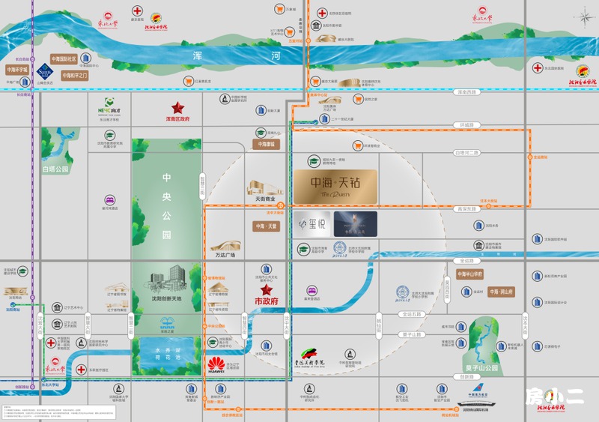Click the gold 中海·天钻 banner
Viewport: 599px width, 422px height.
pyautogui.click(x=334, y=186)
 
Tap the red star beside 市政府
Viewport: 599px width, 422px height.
pyautogui.click(x=265, y=290)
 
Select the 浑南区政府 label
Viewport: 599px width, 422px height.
pyautogui.click(x=177, y=118)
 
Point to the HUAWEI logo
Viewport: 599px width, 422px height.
pyautogui.click(x=217, y=365)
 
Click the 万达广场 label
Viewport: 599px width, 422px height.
pyautogui.click(x=224, y=255)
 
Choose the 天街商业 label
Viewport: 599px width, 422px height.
pyautogui.click(x=267, y=199)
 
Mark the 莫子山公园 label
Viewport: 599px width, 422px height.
pyautogui.click(x=480, y=368)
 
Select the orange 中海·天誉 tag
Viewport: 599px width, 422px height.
pyautogui.click(x=266, y=226)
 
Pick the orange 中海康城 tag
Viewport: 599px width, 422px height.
pyautogui.click(x=266, y=144)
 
